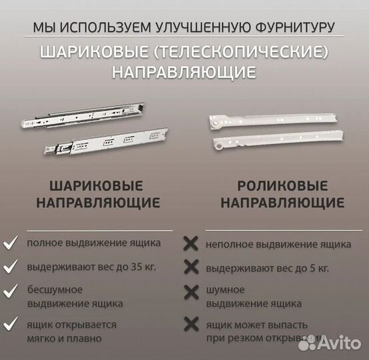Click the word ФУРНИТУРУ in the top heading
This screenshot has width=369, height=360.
294,27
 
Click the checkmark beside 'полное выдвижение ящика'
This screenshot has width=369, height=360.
11,244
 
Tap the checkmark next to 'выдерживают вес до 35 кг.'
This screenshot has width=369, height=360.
11,267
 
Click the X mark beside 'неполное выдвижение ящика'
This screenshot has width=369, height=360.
190,244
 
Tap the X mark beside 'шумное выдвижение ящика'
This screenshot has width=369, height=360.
190,292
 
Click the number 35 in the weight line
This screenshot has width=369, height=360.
141,267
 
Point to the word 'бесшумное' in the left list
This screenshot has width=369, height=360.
55,289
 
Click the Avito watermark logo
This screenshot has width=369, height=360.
330,342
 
